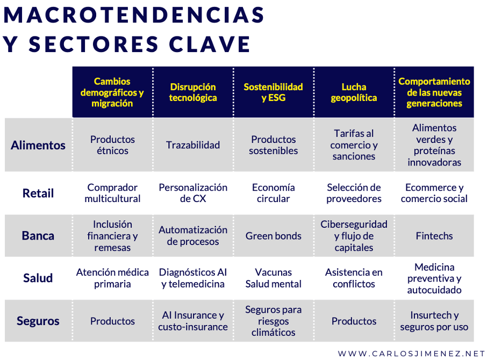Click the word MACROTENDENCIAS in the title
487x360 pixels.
tap(134, 15)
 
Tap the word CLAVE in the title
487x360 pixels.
tap(210, 44)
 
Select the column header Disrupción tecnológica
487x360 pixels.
tap(193, 92)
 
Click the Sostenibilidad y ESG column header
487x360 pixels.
tap(273, 92)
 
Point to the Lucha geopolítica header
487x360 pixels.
tap(354, 92)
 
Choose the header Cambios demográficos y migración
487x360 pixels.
tap(112, 92)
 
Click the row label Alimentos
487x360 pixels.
tap(38, 145)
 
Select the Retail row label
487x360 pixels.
tap(38, 193)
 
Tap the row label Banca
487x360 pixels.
tap(38, 235)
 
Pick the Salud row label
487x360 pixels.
tap(38, 278)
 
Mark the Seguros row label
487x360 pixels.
tap(38, 321)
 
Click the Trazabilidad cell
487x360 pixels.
tap(193, 145)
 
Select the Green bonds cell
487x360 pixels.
tap(273, 236)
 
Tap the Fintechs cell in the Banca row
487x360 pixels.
tap(434, 236)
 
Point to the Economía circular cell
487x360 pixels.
tap(273, 193)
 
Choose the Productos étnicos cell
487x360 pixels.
tap(112, 145)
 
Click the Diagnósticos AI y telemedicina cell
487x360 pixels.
tap(193, 278)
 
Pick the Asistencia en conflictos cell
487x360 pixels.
tap(354, 278)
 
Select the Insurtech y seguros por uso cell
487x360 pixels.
tap(434, 321)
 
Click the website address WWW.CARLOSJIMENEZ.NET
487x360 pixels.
tap(412, 354)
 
